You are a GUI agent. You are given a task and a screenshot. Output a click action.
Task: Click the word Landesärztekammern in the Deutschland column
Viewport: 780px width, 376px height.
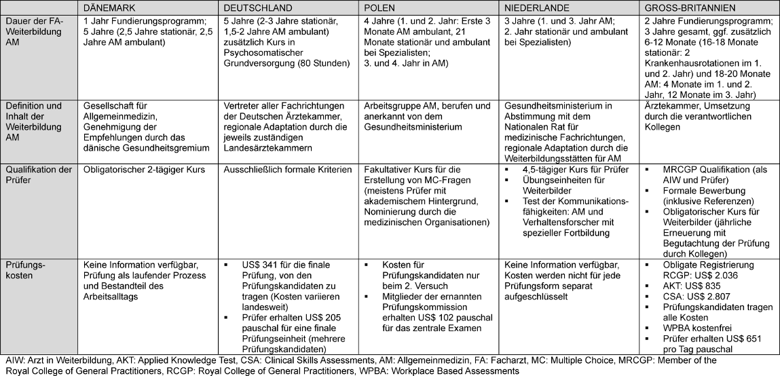[267, 148]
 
